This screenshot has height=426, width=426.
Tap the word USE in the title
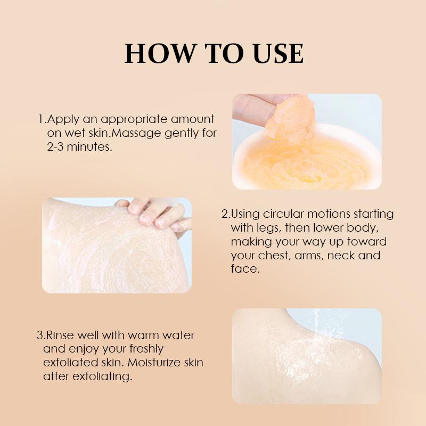pyautogui.click(x=278, y=53)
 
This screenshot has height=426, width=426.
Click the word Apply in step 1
pyautogui.click(x=63, y=120)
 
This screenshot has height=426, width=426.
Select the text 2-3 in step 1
pyautogui.click(x=55, y=147)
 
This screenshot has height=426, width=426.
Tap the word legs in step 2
pyautogui.click(x=268, y=228)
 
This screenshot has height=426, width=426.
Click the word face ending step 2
pyautogui.click(x=245, y=269)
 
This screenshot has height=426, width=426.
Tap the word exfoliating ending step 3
pyautogui.click(x=102, y=377)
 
